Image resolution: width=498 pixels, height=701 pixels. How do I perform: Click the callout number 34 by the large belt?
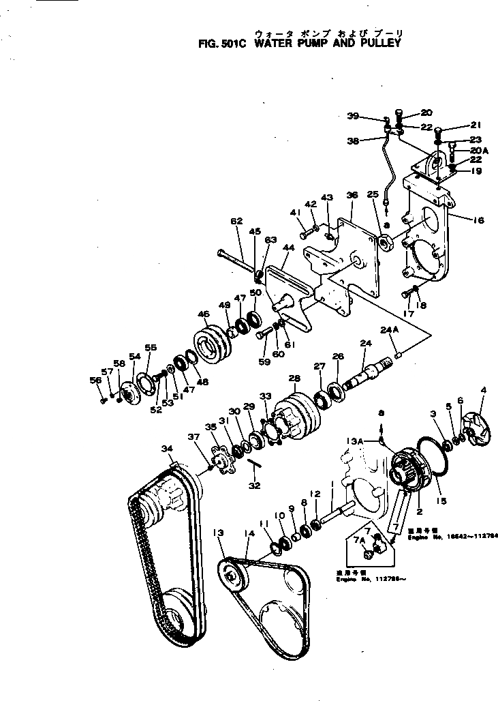tap(167, 449)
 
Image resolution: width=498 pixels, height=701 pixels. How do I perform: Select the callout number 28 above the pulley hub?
tap(294, 378)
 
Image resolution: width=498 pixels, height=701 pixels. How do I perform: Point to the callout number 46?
tap(203, 314)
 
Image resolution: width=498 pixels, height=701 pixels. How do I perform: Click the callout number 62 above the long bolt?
tap(236, 222)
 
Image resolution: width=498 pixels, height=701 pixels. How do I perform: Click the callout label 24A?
tap(388, 330)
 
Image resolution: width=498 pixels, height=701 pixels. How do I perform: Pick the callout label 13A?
tap(372, 441)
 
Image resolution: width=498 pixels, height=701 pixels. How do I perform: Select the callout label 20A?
tap(479, 151)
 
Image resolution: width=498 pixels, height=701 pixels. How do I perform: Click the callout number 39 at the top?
tap(371, 116)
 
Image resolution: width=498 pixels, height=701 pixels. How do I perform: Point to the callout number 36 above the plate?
tap(352, 195)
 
